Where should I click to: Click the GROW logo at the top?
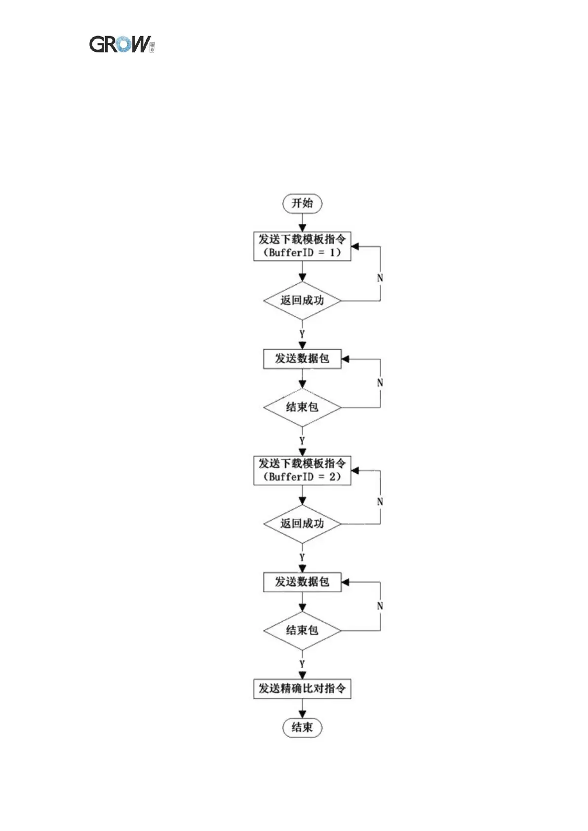click(x=121, y=44)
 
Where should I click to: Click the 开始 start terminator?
click(x=302, y=203)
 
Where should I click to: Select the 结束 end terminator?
click(x=302, y=727)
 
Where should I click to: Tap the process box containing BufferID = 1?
click(x=302, y=246)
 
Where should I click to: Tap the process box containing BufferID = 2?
click(x=302, y=470)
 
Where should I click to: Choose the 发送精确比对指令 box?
click(x=302, y=688)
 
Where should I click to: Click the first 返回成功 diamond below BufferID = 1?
click(x=302, y=301)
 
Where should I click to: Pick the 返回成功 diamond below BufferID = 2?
click(x=302, y=524)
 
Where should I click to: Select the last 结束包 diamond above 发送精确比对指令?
click(x=302, y=631)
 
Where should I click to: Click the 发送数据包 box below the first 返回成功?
click(x=302, y=359)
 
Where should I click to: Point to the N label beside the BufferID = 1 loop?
click(x=380, y=278)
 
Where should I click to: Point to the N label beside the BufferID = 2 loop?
click(x=380, y=502)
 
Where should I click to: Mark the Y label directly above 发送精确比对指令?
click(x=302, y=664)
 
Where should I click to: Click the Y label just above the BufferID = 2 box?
click(x=302, y=441)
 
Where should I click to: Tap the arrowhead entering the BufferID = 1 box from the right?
click(x=355, y=247)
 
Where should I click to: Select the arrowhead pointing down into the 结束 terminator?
click(x=302, y=714)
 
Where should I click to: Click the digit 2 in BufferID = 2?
click(x=333, y=477)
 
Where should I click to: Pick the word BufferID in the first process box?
click(x=291, y=253)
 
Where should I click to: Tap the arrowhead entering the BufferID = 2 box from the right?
click(x=355, y=471)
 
